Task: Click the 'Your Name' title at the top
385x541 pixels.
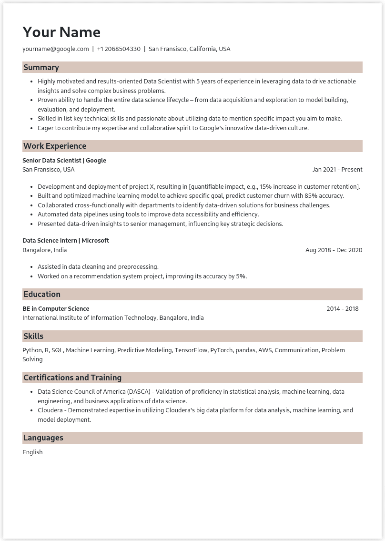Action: tap(61, 32)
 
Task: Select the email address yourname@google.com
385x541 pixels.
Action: tap(56, 49)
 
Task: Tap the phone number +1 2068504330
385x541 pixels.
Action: tap(119, 49)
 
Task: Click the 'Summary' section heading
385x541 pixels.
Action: tap(41, 68)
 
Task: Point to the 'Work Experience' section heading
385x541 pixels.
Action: tap(55, 146)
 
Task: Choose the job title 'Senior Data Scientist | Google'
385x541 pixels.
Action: tap(64, 161)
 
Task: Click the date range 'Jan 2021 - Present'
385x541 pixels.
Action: tap(337, 170)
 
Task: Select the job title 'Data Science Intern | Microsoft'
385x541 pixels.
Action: tap(66, 241)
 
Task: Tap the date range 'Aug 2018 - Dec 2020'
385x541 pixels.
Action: tap(334, 250)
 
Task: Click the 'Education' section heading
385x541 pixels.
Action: tap(42, 295)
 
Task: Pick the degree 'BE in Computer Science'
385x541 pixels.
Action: tap(56, 309)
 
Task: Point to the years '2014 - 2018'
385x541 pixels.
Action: tap(342, 309)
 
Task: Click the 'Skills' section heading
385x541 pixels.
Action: tap(33, 337)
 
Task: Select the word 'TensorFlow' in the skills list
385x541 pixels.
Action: tap(191, 350)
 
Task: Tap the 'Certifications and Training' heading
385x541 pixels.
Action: tap(72, 378)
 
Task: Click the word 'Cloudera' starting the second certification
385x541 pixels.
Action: tap(51, 410)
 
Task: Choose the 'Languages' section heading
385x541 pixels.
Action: tap(43, 438)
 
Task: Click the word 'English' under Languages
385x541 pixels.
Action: tap(32, 452)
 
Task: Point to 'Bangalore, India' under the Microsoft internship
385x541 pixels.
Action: tap(45, 250)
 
